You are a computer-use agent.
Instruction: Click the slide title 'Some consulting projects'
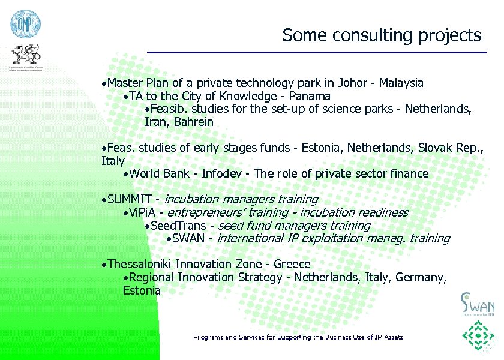coord(382,35)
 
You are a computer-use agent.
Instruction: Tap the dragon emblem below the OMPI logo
coord(25,57)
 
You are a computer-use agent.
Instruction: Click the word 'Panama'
coord(310,96)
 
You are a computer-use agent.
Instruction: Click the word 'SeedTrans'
coord(178,226)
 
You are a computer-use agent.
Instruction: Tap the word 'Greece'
coord(292,265)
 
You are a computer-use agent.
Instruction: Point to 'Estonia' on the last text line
coord(142,291)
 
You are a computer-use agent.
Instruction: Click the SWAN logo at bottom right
coord(477,303)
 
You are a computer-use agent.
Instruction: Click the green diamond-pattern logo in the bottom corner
coord(478,338)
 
